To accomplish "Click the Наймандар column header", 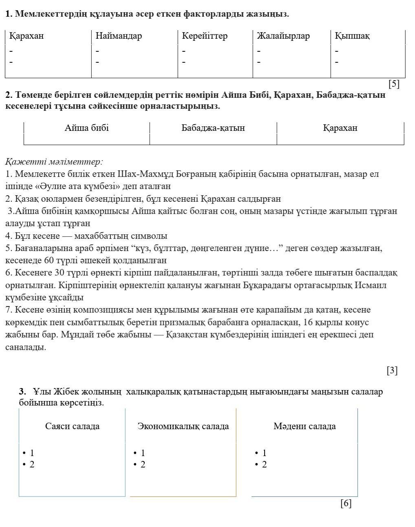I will pyautogui.click(x=119, y=36).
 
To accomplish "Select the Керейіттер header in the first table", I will pyautogui.click(x=205, y=36).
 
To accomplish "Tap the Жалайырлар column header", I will pyautogui.click(x=283, y=36).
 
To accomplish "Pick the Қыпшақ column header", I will pyautogui.click(x=352, y=36).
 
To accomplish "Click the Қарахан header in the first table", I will pyautogui.click(x=26, y=36).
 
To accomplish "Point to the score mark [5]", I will pyautogui.click(x=394, y=84).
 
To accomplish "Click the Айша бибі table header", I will pyautogui.click(x=86, y=128).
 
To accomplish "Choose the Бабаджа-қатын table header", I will pyautogui.click(x=213, y=128).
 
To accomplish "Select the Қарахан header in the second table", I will pyautogui.click(x=340, y=128).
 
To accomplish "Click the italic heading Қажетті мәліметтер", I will pyautogui.click(x=54, y=162).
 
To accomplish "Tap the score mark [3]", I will pyautogui.click(x=392, y=370).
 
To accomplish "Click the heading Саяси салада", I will pyautogui.click(x=72, y=426).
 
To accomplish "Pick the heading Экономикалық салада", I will pyautogui.click(x=183, y=426).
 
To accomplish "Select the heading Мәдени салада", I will pyautogui.click(x=305, y=426).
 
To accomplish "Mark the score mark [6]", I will pyautogui.click(x=346, y=503).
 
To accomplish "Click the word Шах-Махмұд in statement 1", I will pyautogui.click(x=138, y=174).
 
